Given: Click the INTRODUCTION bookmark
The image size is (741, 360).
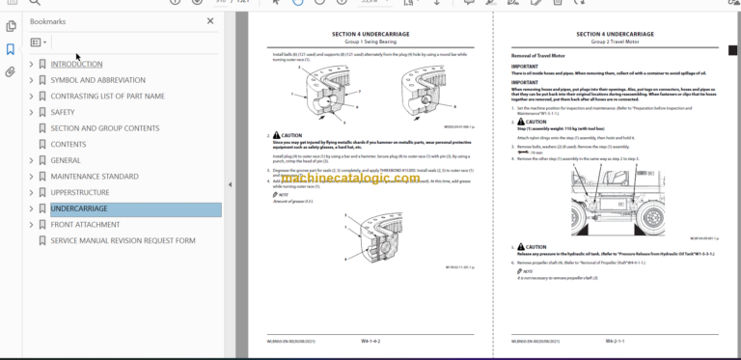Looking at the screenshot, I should click(x=76, y=64).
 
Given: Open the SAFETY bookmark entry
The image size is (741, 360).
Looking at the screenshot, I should click(x=63, y=112).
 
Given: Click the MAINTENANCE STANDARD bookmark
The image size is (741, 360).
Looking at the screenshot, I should click(x=94, y=177).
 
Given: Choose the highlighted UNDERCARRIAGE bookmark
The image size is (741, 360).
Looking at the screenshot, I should click(x=79, y=208).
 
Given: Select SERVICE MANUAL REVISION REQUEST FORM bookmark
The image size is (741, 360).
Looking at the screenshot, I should click(x=123, y=240).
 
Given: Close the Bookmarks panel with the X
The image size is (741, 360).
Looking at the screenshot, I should click(x=211, y=20).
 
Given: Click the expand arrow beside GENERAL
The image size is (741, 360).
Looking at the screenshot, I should click(x=31, y=160).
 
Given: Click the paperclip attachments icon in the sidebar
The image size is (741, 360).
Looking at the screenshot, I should click(x=10, y=71).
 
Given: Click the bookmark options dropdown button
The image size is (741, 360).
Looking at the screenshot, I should click(x=38, y=42).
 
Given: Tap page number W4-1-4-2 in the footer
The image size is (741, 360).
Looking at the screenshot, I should click(x=372, y=341).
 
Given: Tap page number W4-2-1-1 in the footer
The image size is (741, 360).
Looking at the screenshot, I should click(x=617, y=341).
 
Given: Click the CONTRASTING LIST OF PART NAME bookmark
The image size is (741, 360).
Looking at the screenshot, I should click(x=107, y=96).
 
